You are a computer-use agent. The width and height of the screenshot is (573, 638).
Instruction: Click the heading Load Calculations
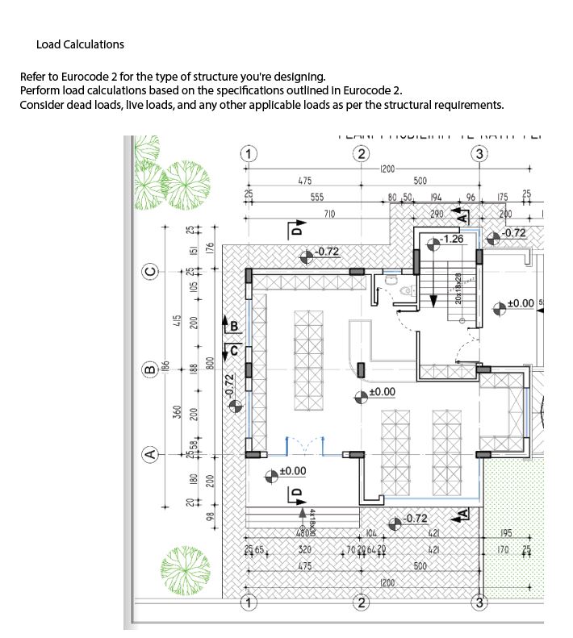pyautogui.click(x=80, y=44)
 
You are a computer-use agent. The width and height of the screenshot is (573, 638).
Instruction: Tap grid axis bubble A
pyautogui.click(x=150, y=455)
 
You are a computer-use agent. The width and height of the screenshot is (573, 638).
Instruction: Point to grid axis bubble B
pyautogui.click(x=150, y=370)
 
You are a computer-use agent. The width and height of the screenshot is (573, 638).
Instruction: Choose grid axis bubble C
pyautogui.click(x=150, y=271)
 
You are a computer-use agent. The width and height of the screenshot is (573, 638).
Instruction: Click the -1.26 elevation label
pyautogui.click(x=452, y=240)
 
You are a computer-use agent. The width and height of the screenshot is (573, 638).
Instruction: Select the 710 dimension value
pyautogui.click(x=329, y=214)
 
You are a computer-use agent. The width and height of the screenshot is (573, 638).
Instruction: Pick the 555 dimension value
pyautogui.click(x=316, y=198)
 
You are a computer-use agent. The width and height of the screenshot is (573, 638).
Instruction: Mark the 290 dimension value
pyautogui.click(x=436, y=214)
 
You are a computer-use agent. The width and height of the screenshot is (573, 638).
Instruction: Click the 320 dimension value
pyautogui.click(x=304, y=550)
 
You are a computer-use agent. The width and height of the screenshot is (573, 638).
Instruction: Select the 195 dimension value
pyautogui.click(x=506, y=533)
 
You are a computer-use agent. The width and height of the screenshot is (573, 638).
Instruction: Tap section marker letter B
pyautogui.click(x=234, y=326)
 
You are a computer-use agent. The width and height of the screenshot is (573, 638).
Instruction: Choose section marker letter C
pyautogui.click(x=234, y=349)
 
